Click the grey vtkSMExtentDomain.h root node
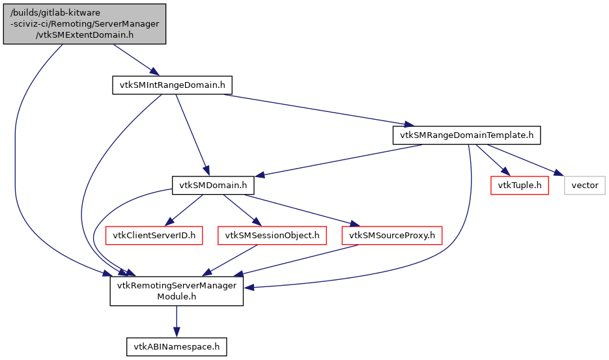pyautogui.click(x=85, y=24)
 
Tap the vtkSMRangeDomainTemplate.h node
pyautogui.click(x=466, y=135)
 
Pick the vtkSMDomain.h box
pyautogui.click(x=212, y=186)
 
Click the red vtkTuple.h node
pyautogui.click(x=519, y=186)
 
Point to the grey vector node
pyautogui.click(x=584, y=186)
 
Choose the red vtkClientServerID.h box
pyautogui.click(x=155, y=235)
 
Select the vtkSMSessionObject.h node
pyautogui.click(x=273, y=235)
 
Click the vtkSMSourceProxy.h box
pyautogui.click(x=392, y=235)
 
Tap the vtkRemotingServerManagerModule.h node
pyautogui.click(x=176, y=291)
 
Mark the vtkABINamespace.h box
pyautogui.click(x=176, y=347)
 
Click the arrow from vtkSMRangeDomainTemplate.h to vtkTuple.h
pyautogui.click(x=492, y=159)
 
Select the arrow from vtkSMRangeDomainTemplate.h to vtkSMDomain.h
pyautogui.click(x=339, y=160)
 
